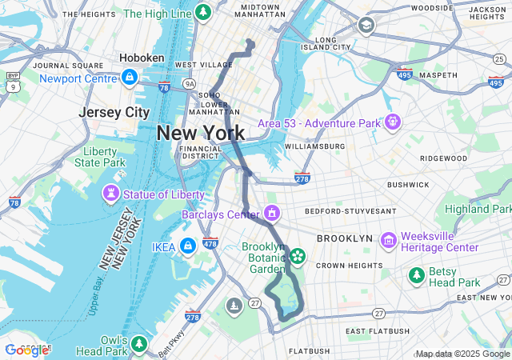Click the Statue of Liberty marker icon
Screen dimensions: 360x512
coord(110,193)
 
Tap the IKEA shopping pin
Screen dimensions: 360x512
coord(188,246)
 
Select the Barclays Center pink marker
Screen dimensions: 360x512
coord(273,214)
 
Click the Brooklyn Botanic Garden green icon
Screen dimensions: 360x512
coord(298,256)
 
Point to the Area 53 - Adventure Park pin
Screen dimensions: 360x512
coord(392,122)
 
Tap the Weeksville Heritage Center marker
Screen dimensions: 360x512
coord(389,240)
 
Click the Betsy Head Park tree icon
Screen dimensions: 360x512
coord(416,276)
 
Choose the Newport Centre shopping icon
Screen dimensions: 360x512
coord(128,78)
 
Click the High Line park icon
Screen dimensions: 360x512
coord(203,13)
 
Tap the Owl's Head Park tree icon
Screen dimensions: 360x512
coord(139,343)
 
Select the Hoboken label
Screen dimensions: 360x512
coord(142,58)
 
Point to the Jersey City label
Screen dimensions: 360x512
coord(115,112)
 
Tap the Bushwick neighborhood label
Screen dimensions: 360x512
coord(408,185)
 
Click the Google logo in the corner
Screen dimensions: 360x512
coord(27,350)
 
